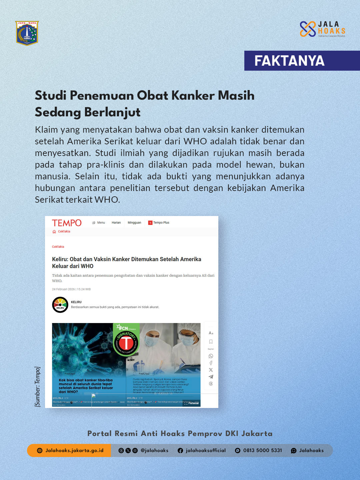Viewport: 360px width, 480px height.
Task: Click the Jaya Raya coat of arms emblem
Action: [x=27, y=33]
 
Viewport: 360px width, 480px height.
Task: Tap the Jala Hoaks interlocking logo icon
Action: [x=308, y=29]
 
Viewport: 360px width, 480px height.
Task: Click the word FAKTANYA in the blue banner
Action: [x=289, y=61]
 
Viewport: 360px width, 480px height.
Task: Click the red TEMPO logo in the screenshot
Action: [x=67, y=223]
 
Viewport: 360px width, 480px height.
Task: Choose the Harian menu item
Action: [x=116, y=223]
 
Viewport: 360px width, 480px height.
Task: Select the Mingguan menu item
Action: [x=134, y=223]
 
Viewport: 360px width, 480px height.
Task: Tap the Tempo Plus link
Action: [x=161, y=223]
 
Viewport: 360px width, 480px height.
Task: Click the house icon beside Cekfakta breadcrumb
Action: [x=54, y=232]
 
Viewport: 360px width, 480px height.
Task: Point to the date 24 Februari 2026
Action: [x=63, y=289]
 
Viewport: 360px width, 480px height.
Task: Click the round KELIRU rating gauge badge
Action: [x=60, y=305]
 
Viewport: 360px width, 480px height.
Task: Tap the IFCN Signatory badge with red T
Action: [x=126, y=340]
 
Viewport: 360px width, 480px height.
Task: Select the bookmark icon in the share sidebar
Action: [x=211, y=342]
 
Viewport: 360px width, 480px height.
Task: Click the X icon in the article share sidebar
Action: [x=211, y=370]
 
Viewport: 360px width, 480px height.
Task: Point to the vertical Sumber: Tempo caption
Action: [x=37, y=387]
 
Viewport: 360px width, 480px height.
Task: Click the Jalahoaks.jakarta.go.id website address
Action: [x=74, y=450]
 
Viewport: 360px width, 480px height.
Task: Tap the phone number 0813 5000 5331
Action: [x=262, y=450]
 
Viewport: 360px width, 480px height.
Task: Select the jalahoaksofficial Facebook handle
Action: [x=205, y=450]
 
